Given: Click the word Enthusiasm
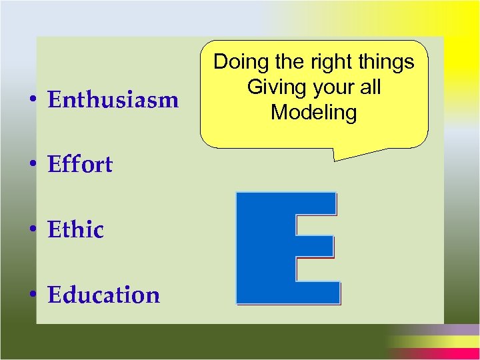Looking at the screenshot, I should coord(113,101).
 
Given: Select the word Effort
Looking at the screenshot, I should coord(80,165).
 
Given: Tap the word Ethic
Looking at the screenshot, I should coord(76,230).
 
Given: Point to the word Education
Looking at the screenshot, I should coord(104,295).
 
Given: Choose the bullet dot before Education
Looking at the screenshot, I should coord(33,295).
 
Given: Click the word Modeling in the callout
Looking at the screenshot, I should coord(313,112).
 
